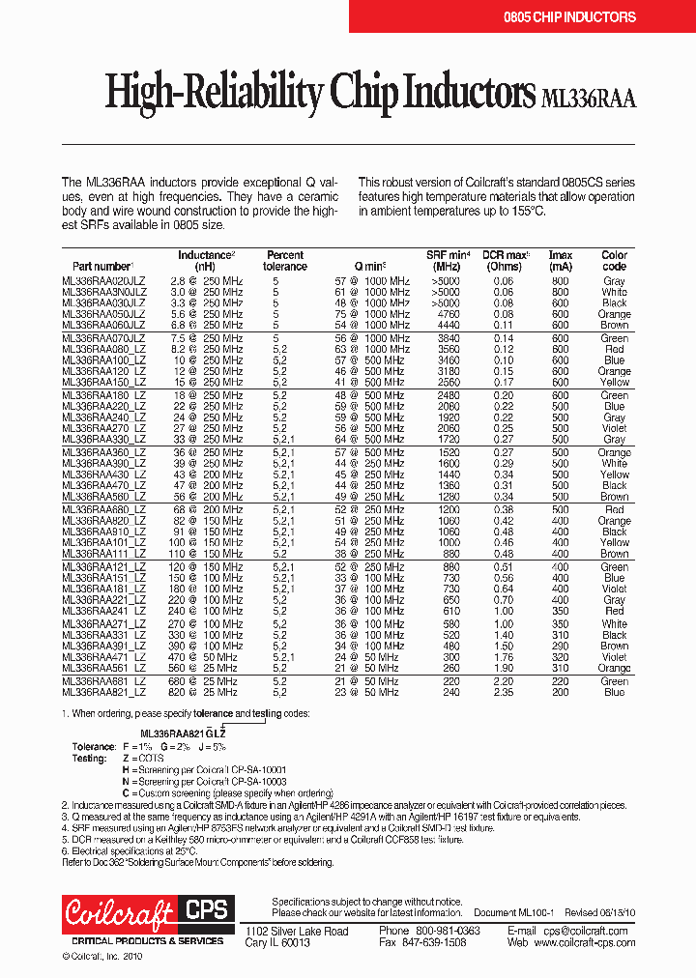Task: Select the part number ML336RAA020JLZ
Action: click(x=104, y=281)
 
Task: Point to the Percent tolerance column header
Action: click(x=285, y=261)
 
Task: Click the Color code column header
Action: click(x=614, y=261)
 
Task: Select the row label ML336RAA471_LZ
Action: click(x=104, y=657)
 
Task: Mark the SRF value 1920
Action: click(x=447, y=417)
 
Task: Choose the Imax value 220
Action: click(x=560, y=681)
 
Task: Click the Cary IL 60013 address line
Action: click(x=276, y=942)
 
